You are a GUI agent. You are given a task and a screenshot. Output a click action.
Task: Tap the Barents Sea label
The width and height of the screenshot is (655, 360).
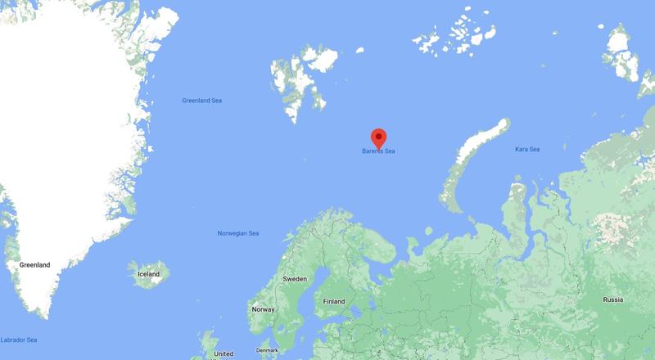point(378,151)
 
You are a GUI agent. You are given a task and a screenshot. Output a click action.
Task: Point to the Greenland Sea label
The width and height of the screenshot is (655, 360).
point(201,101)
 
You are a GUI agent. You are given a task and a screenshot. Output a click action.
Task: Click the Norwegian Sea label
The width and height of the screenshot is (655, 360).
point(238,234)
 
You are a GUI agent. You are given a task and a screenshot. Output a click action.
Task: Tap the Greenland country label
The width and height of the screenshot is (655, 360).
point(35,265)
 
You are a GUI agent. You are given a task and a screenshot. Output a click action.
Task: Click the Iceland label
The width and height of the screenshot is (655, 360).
point(148,274)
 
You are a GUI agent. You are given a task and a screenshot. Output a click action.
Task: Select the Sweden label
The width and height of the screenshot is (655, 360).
point(295,279)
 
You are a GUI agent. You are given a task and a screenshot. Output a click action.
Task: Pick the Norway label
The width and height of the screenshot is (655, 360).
point(263,309)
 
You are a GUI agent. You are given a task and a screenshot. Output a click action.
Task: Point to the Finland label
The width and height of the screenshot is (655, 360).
point(334,300)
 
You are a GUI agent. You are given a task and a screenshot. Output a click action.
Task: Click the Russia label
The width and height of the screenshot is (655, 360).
point(612,299)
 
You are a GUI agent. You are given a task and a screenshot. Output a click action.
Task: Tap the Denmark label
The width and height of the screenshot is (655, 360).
point(267,350)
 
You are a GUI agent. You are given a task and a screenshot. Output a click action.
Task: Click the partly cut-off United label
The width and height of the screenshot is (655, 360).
point(223,353)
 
